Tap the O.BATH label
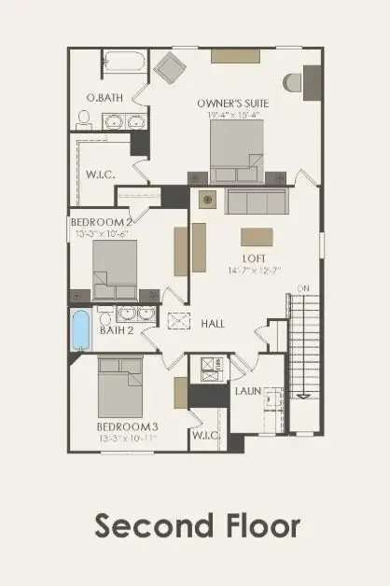tap(100, 98)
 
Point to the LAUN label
tap(247, 391)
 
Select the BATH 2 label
tap(118, 329)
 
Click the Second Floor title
tap(197, 525)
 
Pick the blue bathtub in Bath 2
tap(80, 329)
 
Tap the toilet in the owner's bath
tap(84, 119)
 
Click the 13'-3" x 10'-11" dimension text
tap(128, 438)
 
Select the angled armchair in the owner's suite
tap(170, 69)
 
